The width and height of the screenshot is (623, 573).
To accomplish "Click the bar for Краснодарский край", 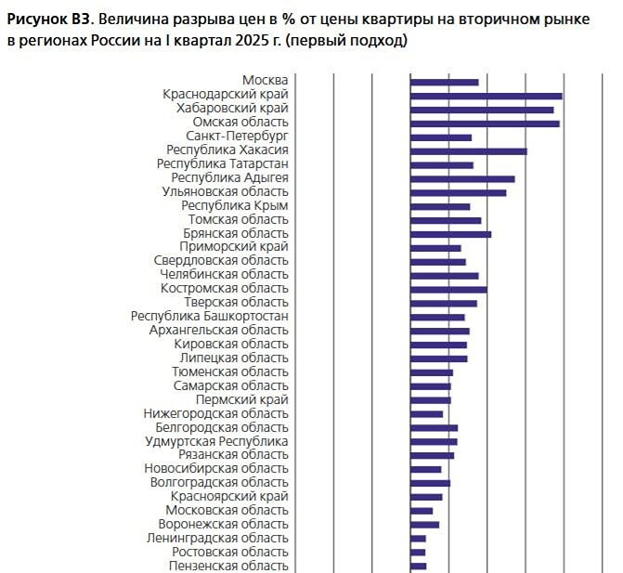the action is [487, 97].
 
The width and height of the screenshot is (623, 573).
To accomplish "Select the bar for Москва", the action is [445, 83].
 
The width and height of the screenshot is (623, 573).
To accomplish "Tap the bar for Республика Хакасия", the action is [469, 151].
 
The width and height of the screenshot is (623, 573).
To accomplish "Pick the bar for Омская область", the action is [486, 124].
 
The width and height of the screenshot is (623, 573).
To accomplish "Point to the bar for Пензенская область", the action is [419, 566].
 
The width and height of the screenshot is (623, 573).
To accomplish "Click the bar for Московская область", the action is [422, 511].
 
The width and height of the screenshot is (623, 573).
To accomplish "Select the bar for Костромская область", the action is [448, 290].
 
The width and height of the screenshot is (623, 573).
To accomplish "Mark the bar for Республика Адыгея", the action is [462, 179].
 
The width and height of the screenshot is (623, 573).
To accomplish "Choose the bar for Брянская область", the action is [451, 234].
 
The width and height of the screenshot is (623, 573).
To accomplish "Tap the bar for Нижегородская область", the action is [427, 414].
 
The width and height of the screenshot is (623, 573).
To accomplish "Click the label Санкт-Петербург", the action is [237, 137].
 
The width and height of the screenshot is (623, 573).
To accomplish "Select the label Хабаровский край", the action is [232, 109].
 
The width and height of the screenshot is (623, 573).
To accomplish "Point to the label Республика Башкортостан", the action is [210, 317].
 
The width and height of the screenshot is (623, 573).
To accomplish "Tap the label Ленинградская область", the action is [217, 539].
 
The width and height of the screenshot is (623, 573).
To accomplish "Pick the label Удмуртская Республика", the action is [216, 441].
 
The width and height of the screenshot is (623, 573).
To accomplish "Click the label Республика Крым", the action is [235, 206].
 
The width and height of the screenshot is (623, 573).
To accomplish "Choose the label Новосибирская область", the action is [216, 469].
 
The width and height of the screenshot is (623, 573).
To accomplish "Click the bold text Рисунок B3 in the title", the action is [49, 20].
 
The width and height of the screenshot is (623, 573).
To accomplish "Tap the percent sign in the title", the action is [289, 20].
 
